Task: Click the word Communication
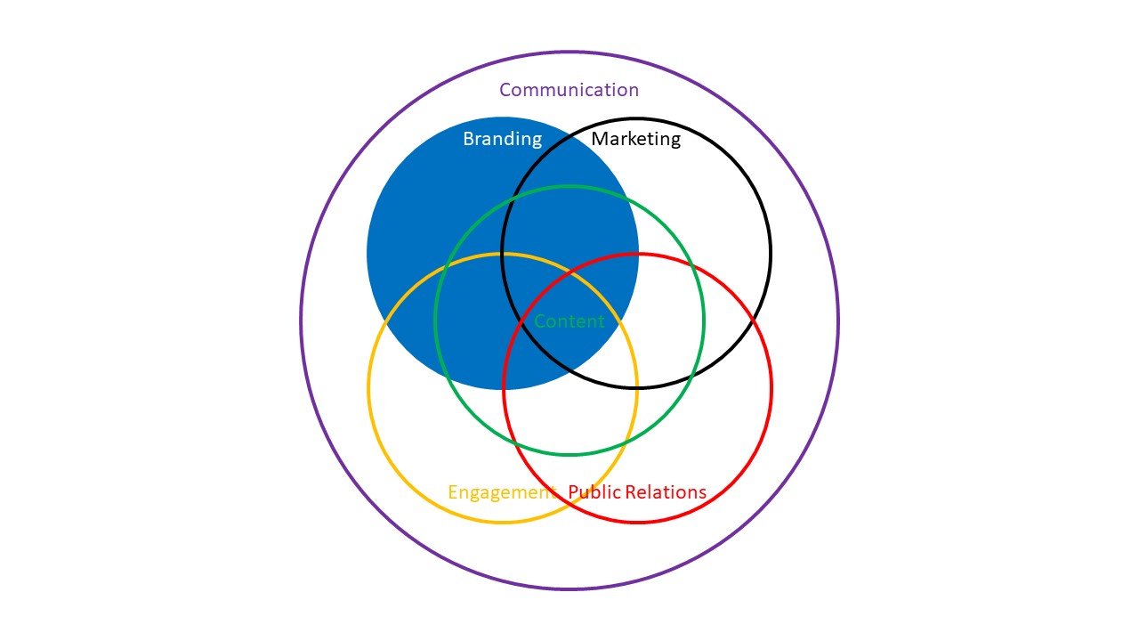pyautogui.click(x=569, y=90)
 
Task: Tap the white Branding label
pyautogui.click(x=503, y=138)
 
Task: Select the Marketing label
pyautogui.click(x=635, y=138)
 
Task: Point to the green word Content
pyautogui.click(x=569, y=321)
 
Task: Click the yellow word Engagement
pyautogui.click(x=502, y=492)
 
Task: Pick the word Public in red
pyautogui.click(x=594, y=492)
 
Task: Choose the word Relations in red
pyautogui.click(x=666, y=492)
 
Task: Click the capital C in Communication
pyautogui.click(x=505, y=90)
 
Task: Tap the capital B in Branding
pyautogui.click(x=468, y=138)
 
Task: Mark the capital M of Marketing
pyautogui.click(x=600, y=138)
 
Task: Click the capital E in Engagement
pyautogui.click(x=453, y=492)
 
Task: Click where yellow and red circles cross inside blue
pyautogui.click(x=570, y=272)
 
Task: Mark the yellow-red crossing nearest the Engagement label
pyautogui.click(x=570, y=504)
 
